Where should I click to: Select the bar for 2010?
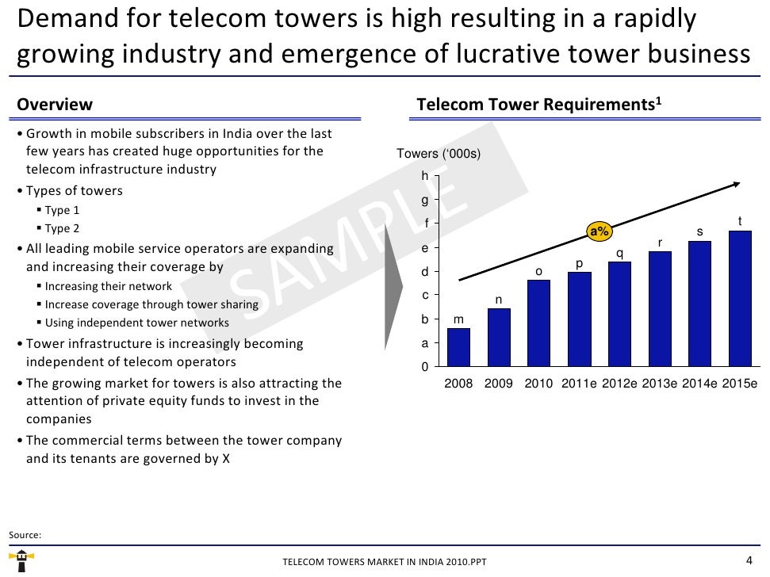click(538, 323)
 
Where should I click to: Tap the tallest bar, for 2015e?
click(739, 299)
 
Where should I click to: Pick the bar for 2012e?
click(619, 314)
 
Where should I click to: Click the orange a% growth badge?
click(600, 231)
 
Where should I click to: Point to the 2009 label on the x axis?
click(499, 384)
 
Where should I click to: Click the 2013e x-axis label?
click(659, 384)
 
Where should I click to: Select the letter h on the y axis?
click(425, 175)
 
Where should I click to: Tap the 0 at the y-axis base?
click(425, 368)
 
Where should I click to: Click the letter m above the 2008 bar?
click(458, 319)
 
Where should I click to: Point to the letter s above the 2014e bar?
click(699, 231)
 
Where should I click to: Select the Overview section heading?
click(55, 105)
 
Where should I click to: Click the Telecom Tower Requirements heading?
click(539, 105)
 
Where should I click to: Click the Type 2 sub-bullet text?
click(63, 229)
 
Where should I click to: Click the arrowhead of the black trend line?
click(737, 184)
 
